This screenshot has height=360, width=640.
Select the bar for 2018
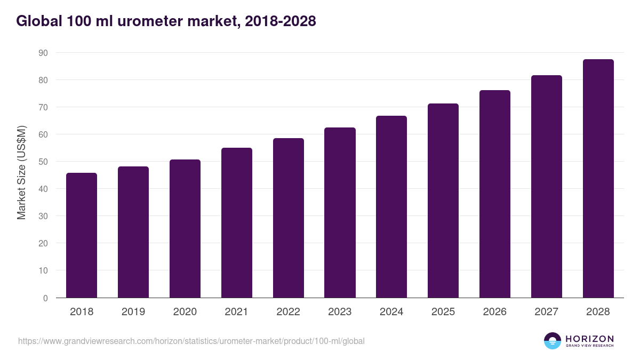point(81,235)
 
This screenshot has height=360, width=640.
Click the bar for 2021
point(236,223)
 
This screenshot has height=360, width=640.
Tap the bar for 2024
point(391,207)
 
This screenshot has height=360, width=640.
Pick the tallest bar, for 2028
point(598,179)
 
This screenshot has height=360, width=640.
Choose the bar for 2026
point(494,194)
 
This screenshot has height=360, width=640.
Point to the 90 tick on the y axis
point(43,53)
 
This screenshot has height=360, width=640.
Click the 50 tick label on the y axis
point(43,162)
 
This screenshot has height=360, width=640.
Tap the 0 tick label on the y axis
point(45,298)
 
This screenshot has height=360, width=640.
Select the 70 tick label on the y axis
point(43,107)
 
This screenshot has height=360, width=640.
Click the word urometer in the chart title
point(145,21)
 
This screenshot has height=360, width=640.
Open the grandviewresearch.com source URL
point(191,341)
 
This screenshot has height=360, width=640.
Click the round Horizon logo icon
point(553,341)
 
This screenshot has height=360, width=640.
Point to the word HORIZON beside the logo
point(589,338)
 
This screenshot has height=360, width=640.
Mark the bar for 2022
point(288,218)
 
